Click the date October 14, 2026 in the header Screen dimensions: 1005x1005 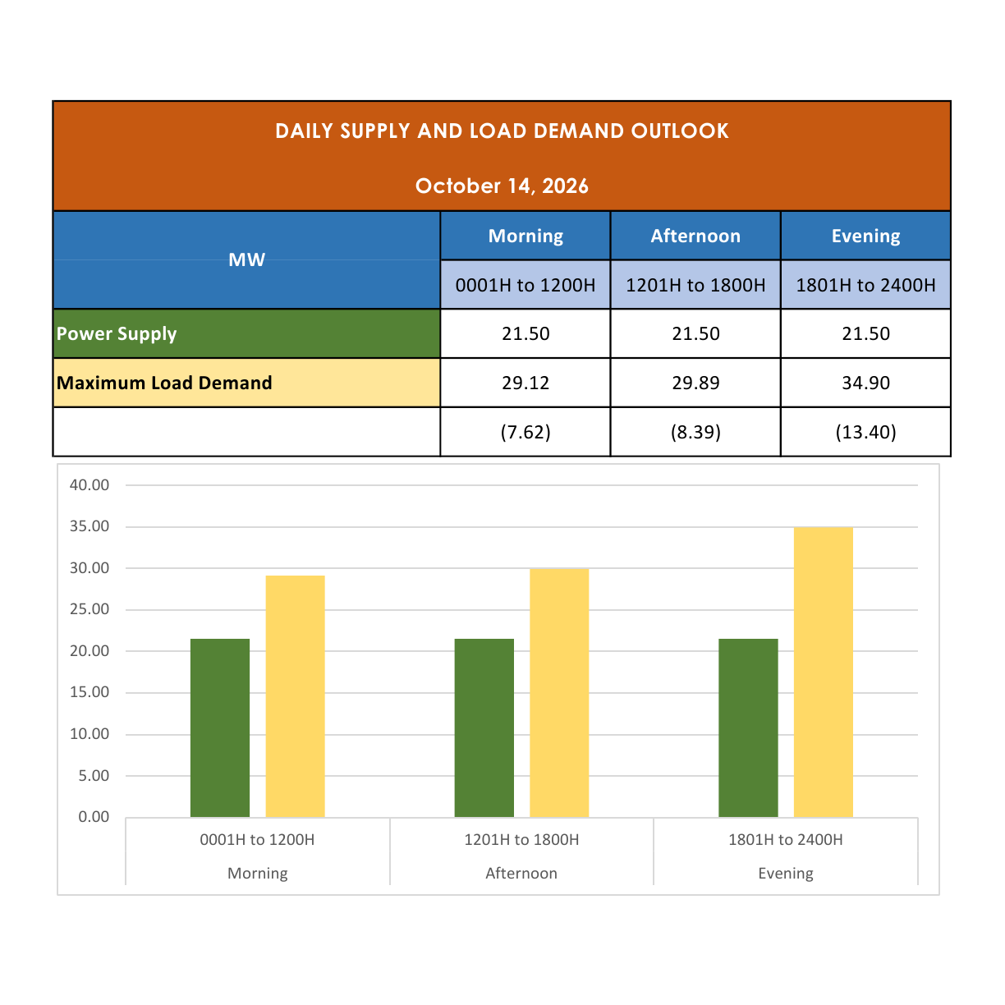502,186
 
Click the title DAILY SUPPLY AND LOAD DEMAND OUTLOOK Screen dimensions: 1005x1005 502,131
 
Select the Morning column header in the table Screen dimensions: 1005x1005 525,236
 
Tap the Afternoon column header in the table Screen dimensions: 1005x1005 695,236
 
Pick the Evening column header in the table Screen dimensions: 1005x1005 865,236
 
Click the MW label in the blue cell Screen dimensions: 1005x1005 246,259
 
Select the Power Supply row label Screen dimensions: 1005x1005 117,334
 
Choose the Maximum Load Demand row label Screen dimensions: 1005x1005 164,383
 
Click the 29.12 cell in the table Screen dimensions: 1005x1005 525,383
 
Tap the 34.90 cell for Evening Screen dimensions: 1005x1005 865,383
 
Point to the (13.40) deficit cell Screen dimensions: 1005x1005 865,432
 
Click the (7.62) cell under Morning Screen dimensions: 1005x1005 525,432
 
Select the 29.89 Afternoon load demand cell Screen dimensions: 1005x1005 695,383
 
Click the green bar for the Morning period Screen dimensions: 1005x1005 220,727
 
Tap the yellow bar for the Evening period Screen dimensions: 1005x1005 823,672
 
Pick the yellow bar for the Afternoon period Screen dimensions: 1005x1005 559,693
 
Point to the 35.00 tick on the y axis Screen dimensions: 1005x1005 89,526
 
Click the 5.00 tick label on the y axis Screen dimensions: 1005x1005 94,776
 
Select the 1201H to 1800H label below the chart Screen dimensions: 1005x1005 521,840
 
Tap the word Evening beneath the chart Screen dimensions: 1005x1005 786,873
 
